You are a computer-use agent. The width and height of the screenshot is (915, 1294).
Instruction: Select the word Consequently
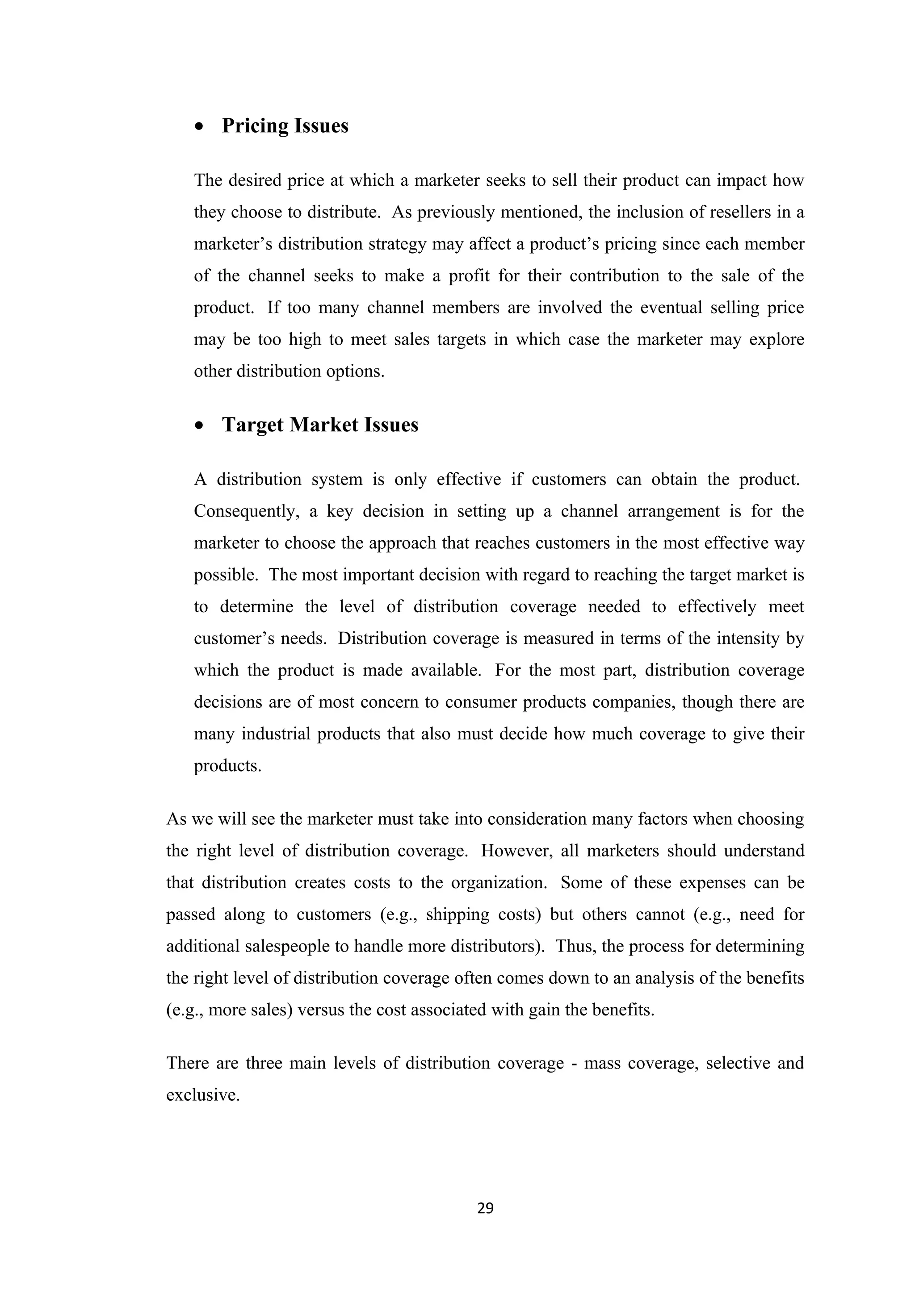(246, 512)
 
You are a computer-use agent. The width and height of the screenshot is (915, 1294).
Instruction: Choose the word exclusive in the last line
(202, 1095)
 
